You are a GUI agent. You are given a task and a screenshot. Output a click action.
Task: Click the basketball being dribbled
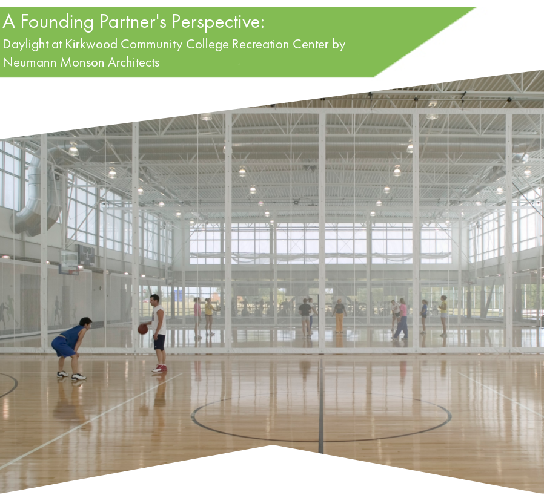pyautogui.click(x=143, y=329)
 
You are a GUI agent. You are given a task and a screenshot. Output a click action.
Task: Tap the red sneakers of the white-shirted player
pyautogui.click(x=159, y=368)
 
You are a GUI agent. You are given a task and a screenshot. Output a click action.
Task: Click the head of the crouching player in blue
pyautogui.click(x=85, y=323)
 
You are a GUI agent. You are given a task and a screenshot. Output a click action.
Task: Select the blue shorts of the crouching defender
pyautogui.click(x=62, y=347)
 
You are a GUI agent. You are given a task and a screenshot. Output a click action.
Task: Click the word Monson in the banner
pyautogui.click(x=82, y=62)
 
